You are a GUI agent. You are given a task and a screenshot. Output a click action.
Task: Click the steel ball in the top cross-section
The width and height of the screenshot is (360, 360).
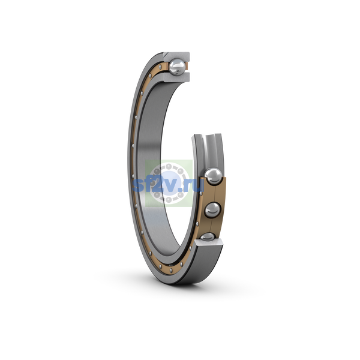pos(177,67)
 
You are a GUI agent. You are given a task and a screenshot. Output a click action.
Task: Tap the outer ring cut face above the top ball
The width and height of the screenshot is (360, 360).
pos(177,56)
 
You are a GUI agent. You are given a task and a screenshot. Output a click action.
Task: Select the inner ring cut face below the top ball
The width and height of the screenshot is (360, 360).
pos(177,77)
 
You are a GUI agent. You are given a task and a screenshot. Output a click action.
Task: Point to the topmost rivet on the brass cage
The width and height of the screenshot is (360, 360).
pos(160,67)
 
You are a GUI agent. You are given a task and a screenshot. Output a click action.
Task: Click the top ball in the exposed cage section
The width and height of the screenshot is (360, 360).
pos(214,176)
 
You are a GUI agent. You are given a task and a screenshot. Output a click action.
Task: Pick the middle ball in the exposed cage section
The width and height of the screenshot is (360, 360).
pos(212,210)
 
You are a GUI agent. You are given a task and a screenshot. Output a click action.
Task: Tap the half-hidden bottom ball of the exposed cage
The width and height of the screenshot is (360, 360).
pos(208,236)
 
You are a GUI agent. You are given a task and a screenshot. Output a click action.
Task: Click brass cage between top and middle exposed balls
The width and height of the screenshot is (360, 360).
pos(214,193)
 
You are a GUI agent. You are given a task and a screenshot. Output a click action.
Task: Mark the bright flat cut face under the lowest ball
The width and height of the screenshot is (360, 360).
pos(209,242)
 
